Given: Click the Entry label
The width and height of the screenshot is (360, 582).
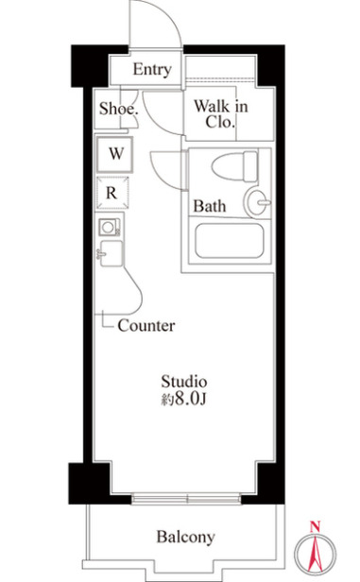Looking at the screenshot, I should (152, 69).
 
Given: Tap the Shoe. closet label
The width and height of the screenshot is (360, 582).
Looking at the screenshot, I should (119, 109).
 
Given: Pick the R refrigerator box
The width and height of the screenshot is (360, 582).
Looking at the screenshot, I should (111, 193).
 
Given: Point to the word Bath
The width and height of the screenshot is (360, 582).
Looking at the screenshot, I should (209, 206).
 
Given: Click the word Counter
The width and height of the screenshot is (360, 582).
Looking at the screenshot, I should (146, 326).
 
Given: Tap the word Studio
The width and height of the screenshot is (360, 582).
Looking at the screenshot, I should (182, 382).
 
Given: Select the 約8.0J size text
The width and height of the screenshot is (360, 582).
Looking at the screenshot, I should (183, 400).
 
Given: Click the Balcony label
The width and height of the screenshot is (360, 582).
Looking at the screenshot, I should (185, 538).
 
